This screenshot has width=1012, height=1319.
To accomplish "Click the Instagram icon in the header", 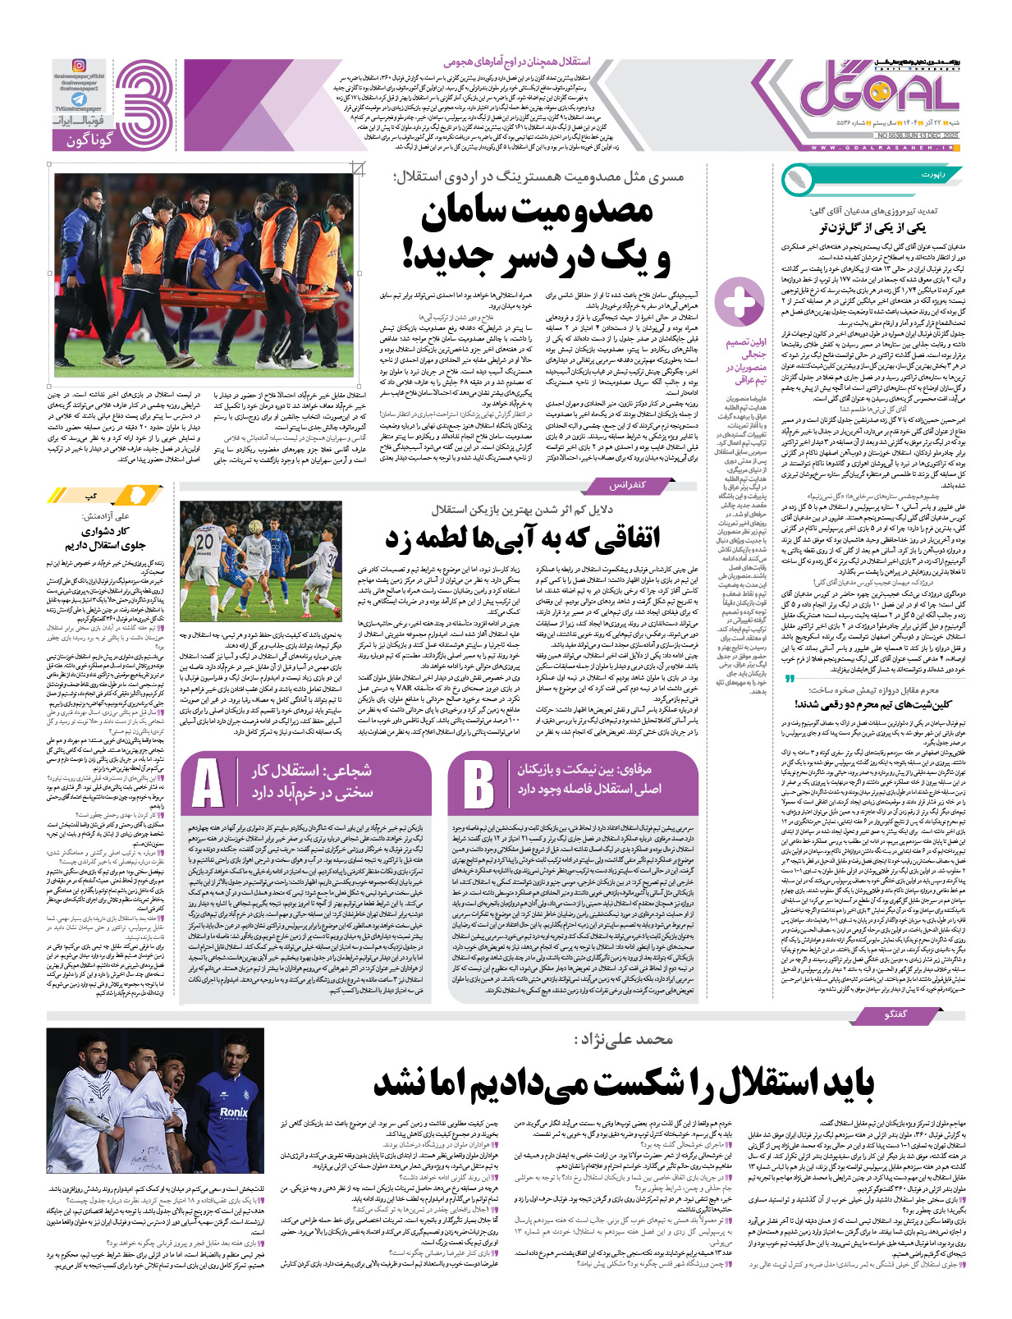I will click(79, 66).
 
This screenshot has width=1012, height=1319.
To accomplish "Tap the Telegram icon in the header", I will click(78, 98).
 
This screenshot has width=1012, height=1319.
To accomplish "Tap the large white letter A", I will click(208, 784).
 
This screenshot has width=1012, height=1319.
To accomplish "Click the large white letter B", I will click(478, 784).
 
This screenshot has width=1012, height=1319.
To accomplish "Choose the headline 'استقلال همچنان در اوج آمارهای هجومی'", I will click(516, 62).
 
